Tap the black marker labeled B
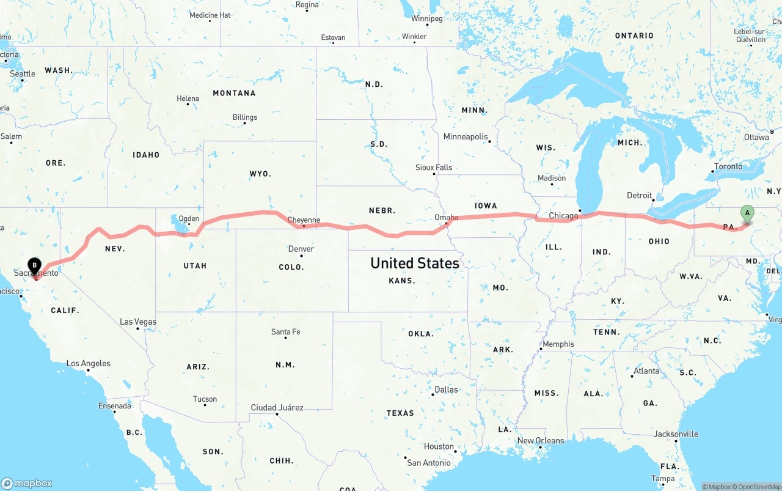(35, 266)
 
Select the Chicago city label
(563, 216)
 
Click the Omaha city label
(446, 217)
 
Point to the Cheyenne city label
(304, 220)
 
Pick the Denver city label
(301, 249)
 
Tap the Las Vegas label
(138, 322)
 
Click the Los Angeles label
(89, 363)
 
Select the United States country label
(415, 263)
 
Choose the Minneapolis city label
(466, 136)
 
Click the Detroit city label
(640, 196)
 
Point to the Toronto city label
(728, 166)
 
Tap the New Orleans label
(541, 440)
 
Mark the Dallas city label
(446, 389)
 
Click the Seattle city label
(23, 74)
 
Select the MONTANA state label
(234, 93)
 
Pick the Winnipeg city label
(426, 18)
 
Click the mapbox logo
(27, 483)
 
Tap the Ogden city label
(189, 218)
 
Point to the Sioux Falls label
(434, 168)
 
